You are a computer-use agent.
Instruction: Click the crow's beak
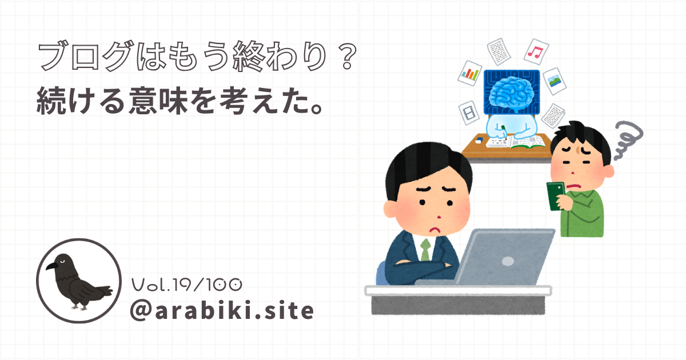coord(52,266)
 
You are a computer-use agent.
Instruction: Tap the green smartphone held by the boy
coord(556,196)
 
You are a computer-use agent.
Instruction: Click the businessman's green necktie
coord(426,250)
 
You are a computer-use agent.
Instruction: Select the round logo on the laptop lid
coord(508,261)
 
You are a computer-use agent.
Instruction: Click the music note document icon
coord(536,52)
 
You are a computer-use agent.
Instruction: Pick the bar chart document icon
coord(470,73)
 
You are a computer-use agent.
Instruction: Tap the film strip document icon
coord(469,113)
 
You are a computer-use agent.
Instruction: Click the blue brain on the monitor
coord(512,93)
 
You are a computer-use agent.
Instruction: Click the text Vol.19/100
coord(186,285)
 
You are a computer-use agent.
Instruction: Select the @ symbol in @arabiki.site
coord(141,310)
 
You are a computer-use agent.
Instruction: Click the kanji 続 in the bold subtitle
coord(51,101)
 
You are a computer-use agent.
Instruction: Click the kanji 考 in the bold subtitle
coord(234,101)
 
